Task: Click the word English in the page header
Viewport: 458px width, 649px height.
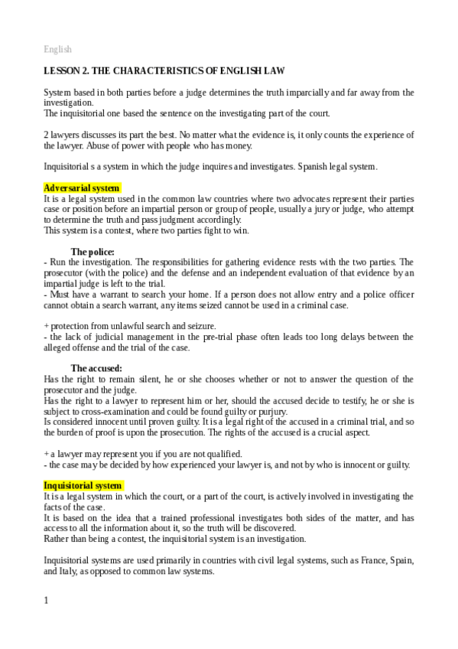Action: coord(57,50)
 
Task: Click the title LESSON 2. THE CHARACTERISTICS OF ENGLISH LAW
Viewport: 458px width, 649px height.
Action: coord(164,71)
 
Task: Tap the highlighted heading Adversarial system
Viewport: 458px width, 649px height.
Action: coord(80,188)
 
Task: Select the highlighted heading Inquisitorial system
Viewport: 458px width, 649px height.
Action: coord(83,486)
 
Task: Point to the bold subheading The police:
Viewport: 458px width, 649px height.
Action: coord(93,252)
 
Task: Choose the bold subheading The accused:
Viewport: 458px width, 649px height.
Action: coord(96,368)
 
